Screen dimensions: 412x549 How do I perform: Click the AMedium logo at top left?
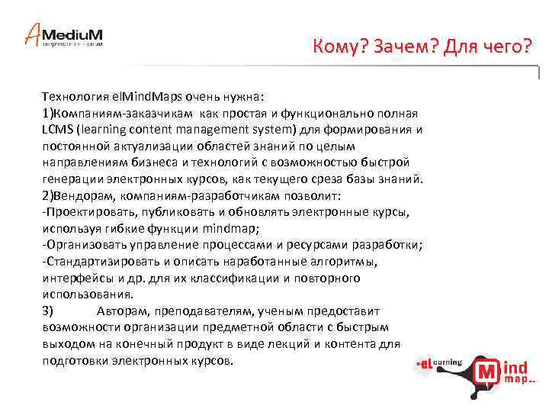(64, 34)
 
